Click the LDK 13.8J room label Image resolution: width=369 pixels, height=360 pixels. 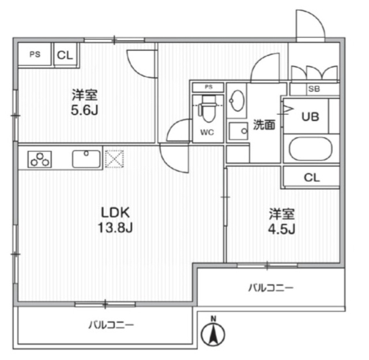click(x=116, y=220)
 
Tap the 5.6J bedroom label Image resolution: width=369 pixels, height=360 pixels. click(x=85, y=102)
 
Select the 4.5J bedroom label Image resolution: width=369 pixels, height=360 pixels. click(x=282, y=222)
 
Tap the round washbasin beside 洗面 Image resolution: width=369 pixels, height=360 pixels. click(x=237, y=103)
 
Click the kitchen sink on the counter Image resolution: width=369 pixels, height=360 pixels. click(x=86, y=158)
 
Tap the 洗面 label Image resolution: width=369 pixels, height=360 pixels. click(x=264, y=124)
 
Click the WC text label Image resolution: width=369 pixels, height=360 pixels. click(x=207, y=132)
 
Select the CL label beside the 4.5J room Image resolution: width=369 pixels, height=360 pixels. click(x=311, y=178)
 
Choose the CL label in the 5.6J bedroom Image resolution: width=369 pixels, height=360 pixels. click(x=65, y=55)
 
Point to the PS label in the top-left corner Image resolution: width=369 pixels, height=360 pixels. click(x=35, y=55)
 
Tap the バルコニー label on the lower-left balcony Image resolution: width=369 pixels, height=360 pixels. click(x=111, y=325)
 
